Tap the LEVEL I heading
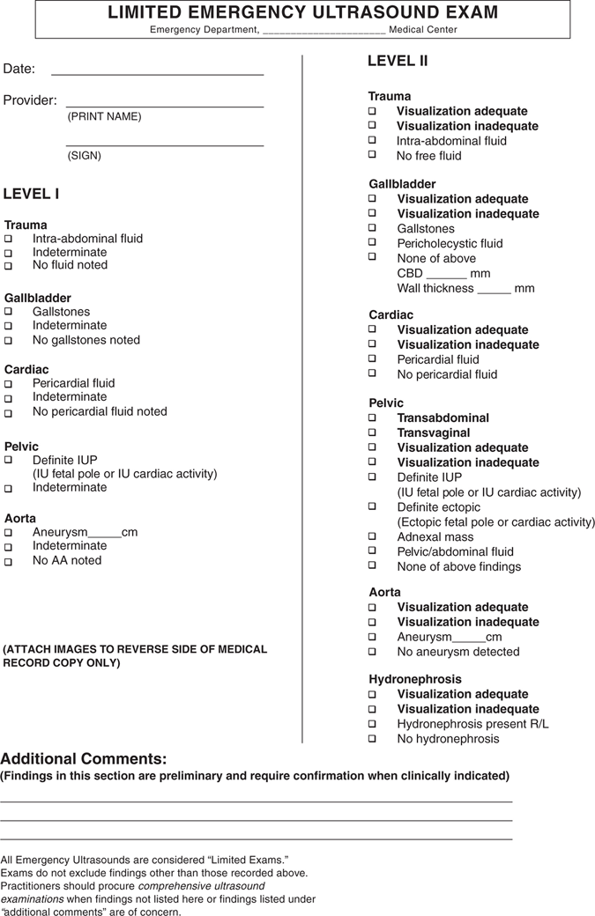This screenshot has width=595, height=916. coord(32,194)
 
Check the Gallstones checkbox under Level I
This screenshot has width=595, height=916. coord(9,312)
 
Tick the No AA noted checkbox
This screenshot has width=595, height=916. coord(9,561)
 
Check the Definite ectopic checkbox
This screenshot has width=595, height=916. coord(372,507)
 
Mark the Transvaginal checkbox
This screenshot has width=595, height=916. coord(372,433)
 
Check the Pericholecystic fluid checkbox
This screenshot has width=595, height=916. coord(372,243)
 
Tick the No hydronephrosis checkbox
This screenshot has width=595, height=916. coord(372,739)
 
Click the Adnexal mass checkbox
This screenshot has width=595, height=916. coord(372,537)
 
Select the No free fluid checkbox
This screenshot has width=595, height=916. coord(372,155)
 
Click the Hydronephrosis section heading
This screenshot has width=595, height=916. coord(414,679)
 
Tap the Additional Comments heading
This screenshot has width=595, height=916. coord(84,758)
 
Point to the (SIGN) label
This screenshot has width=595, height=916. coord(84,156)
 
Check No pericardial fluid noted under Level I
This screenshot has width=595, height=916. coord(9,412)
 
